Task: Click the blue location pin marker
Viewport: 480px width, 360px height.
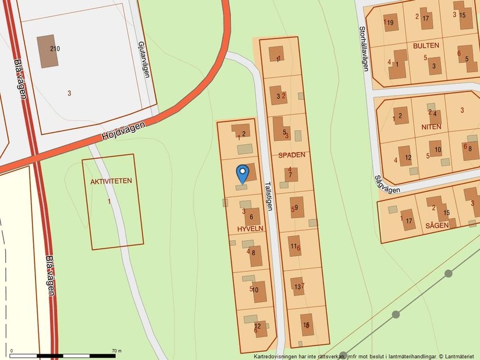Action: (243, 173)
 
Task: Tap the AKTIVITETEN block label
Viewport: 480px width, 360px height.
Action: (111, 181)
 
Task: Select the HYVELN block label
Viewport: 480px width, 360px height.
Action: (250, 229)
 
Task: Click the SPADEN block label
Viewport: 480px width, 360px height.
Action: (291, 155)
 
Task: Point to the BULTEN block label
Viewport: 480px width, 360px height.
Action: (426, 45)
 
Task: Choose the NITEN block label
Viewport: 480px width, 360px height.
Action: (432, 127)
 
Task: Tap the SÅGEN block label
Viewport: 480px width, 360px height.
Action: (436, 225)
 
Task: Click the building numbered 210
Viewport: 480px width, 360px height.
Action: (47, 48)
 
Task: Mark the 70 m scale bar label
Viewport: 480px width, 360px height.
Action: (116, 351)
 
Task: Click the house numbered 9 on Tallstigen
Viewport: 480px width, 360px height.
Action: (297, 207)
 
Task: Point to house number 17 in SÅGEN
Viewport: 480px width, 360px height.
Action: (408, 220)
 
